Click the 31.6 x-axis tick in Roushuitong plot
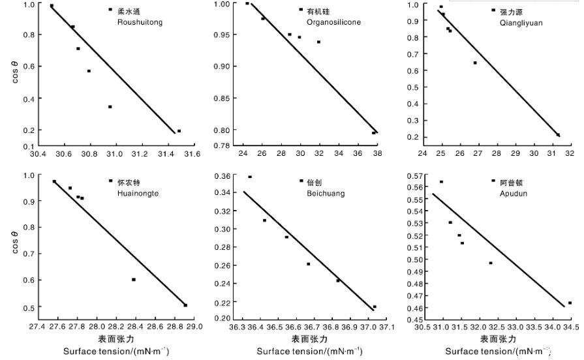tap(191, 154)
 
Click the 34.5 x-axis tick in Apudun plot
tap(571, 326)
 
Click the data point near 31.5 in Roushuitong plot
tap(179, 131)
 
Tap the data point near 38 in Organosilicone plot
tap(374, 133)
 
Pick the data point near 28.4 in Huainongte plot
tap(134, 279)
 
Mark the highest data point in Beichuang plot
tap(250, 177)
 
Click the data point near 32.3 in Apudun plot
tap(491, 263)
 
